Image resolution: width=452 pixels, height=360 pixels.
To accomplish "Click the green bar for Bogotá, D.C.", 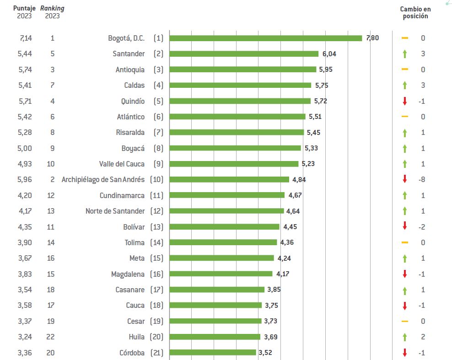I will (265, 38).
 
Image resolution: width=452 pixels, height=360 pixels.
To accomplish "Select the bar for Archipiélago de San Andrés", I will (229, 179).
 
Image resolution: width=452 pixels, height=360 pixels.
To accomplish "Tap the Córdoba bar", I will (213, 352).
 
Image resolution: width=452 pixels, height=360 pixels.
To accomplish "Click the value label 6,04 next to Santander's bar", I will (329, 54).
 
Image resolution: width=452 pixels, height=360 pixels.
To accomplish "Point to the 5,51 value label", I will (315, 117).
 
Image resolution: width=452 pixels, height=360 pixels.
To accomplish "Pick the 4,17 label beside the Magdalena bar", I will (283, 274).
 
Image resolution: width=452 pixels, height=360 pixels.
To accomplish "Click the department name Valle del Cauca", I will (122, 164).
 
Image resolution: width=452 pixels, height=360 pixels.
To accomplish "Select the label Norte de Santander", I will (115, 211).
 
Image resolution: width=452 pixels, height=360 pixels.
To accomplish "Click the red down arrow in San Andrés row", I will (404, 179).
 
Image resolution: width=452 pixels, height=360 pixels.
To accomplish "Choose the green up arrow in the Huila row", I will (404, 337).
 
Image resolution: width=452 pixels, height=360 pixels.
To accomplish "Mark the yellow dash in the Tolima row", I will (404, 242).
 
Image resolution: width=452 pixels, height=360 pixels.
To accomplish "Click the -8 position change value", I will (422, 179).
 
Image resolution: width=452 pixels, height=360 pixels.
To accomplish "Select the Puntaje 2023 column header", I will (24, 12).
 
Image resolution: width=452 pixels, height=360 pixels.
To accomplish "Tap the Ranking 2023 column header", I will (52, 12).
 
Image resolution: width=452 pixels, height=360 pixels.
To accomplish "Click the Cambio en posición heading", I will (415, 12).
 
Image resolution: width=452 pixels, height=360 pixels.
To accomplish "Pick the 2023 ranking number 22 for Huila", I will (51, 337).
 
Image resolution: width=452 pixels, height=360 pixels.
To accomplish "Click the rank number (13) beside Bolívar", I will (157, 227).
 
